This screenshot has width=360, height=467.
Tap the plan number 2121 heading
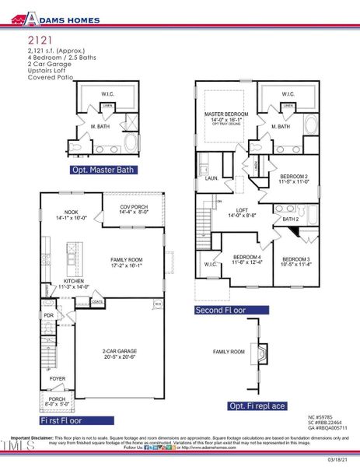[x=40, y=38]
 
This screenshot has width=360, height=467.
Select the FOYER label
[x=58, y=380]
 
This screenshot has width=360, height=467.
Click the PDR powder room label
[x=48, y=316]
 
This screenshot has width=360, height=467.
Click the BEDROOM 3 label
[x=296, y=261]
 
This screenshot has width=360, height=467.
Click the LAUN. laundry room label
[x=209, y=178]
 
